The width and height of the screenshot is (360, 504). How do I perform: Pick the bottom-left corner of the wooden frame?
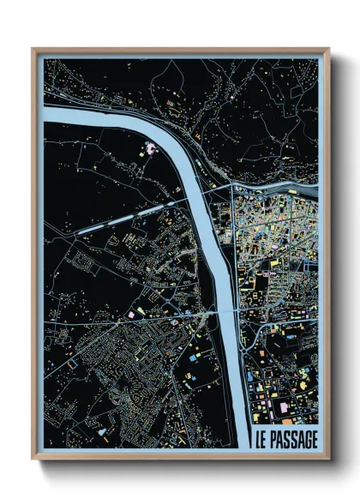[33, 457]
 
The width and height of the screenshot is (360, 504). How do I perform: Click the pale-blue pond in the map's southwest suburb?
[73, 363]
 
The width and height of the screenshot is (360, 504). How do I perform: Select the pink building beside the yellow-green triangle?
[131, 315]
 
